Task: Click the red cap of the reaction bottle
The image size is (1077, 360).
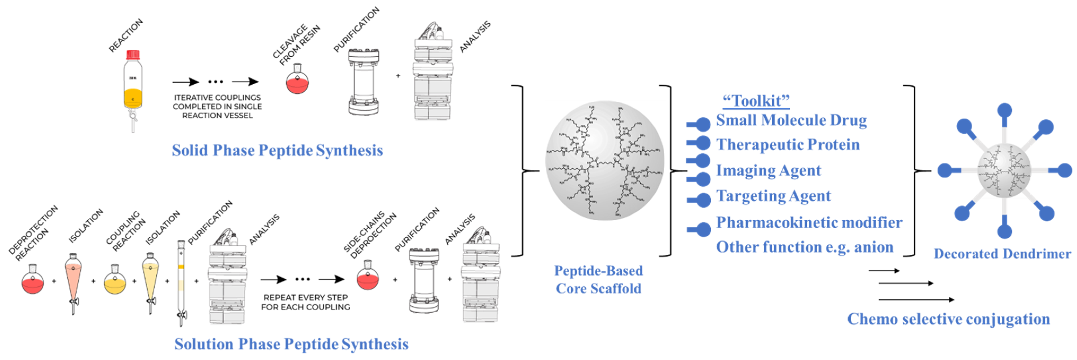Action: point(133,55)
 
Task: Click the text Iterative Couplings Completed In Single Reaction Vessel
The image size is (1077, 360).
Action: point(217,106)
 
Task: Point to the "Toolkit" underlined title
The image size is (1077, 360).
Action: point(756,101)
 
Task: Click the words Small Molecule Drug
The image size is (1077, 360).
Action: point(791,120)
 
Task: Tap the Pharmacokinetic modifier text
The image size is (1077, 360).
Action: point(809,222)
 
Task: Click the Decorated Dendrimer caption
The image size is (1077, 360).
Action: point(1002,254)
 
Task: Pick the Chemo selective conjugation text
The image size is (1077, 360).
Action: point(948,319)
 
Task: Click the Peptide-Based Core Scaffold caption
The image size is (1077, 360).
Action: point(598,280)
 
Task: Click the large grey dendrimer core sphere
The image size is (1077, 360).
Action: point(604,161)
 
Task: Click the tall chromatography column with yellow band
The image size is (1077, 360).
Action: point(181,280)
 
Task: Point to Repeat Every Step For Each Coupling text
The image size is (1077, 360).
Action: point(305,302)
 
